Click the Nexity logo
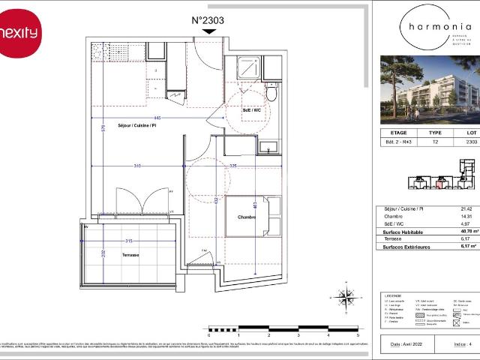pos(19,32)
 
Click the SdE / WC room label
pos(251,109)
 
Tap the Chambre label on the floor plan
pos(247,217)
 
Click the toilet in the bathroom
pos(271,94)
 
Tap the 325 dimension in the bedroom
pos(233,166)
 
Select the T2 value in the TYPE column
pos(435,141)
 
